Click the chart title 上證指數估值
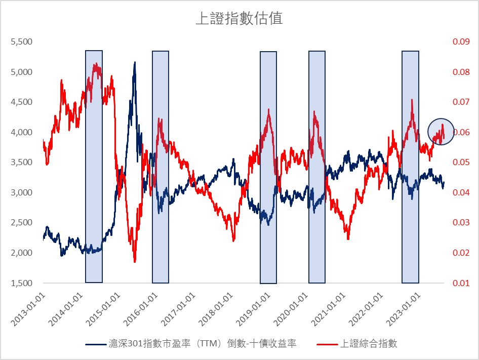click(x=239, y=19)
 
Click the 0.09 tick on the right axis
click(x=461, y=42)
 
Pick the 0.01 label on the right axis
click(x=461, y=283)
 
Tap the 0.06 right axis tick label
click(x=461, y=132)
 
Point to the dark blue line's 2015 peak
click(x=135, y=63)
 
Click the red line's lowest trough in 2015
click(x=135, y=261)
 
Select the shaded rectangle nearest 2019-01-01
click(x=268, y=167)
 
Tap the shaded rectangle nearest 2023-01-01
click(x=410, y=167)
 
